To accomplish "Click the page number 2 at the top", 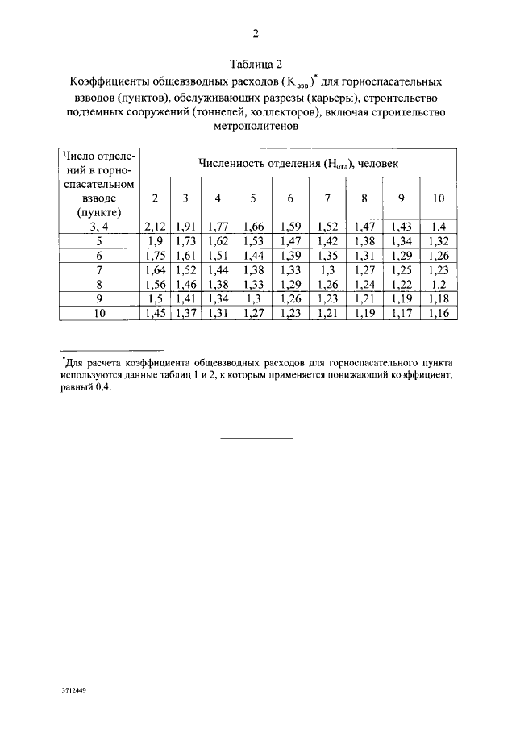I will (x=256, y=34).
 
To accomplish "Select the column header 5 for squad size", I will (x=252, y=198).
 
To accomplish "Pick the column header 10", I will (x=438, y=198).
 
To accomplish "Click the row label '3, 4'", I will (x=100, y=227).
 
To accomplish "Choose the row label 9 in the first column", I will (x=100, y=300).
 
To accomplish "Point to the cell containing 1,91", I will (x=185, y=227).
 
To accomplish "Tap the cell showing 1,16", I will (x=438, y=314).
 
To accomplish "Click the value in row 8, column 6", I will (x=290, y=286).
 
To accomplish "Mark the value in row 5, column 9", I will (x=401, y=242).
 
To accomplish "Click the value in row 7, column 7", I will (x=328, y=271).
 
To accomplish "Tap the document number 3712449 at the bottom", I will (x=73, y=692).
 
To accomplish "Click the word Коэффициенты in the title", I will (x=107, y=82).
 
